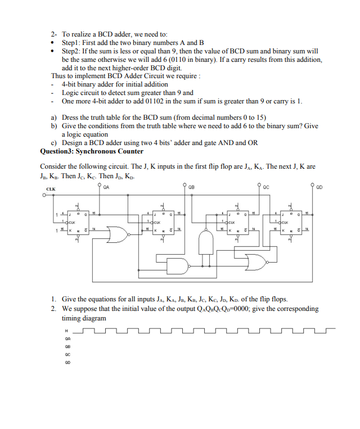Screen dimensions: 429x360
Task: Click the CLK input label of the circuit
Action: point(50,189)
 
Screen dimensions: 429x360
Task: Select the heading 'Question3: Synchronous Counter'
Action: point(92,151)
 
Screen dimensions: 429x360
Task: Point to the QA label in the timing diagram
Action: point(67,339)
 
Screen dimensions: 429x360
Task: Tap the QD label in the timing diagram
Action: point(67,362)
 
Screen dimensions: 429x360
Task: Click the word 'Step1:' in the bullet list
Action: point(73,43)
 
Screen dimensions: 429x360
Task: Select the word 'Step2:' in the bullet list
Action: point(73,51)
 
